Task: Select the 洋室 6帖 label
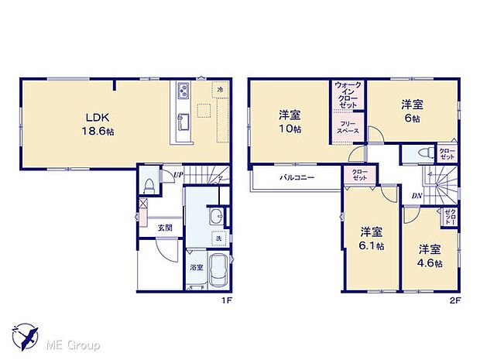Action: pyautogui.click(x=410, y=111)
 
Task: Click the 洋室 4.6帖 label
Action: pyautogui.click(x=430, y=256)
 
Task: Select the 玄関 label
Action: pyautogui.click(x=166, y=227)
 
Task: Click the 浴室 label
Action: pyautogui.click(x=196, y=268)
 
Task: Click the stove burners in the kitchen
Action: pyautogui.click(x=183, y=91)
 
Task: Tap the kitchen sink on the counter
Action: pyautogui.click(x=183, y=122)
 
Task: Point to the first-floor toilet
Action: pyautogui.click(x=149, y=187)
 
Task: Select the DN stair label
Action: pyautogui.click(x=416, y=195)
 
